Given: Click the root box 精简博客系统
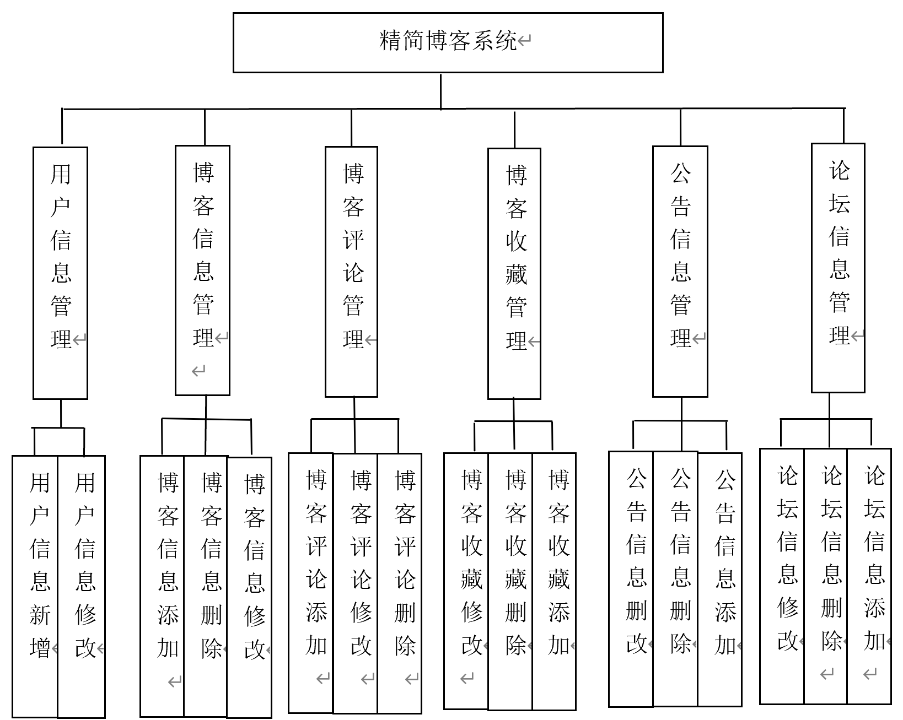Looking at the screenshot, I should click(x=448, y=42).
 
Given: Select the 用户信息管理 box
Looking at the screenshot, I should click(x=60, y=272).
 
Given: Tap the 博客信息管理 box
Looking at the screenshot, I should click(x=202, y=270).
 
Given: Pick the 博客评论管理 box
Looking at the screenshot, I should click(x=351, y=271).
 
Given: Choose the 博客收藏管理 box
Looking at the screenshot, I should click(x=514, y=273).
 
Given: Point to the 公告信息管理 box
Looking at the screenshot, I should click(x=680, y=271).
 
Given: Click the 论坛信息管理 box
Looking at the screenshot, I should click(x=838, y=268).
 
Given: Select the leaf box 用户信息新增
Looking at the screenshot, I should click(x=35, y=586).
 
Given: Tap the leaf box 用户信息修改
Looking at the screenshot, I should click(x=81, y=586).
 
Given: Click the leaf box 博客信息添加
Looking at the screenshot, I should click(x=162, y=586).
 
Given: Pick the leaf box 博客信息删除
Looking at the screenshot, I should click(x=206, y=586).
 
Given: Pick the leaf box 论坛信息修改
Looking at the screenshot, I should click(x=782, y=576).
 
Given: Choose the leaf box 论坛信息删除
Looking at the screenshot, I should click(x=826, y=576).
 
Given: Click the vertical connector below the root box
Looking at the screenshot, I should click(x=441, y=91).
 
